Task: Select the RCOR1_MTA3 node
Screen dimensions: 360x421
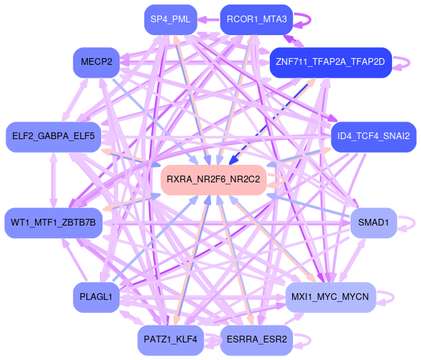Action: pos(256,20)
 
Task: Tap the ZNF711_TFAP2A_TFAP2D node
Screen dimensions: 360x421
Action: pos(331,62)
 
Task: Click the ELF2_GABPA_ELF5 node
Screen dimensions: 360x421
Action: pos(54,137)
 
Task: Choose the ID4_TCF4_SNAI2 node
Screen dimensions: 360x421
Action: pos(373,137)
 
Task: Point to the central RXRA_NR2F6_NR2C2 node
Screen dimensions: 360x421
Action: pos(213,180)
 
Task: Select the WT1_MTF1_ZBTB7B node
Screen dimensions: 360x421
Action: pos(53,222)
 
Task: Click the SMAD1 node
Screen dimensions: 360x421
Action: pos(373,222)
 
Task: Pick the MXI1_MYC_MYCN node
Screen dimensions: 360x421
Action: pos(330,297)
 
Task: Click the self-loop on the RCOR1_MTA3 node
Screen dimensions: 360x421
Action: pos(304,20)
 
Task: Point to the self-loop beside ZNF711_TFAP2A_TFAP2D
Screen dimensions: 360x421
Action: pos(403,63)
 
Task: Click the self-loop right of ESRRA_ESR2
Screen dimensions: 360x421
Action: pos(303,339)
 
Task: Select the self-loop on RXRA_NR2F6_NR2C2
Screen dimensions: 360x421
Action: pos(277,180)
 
